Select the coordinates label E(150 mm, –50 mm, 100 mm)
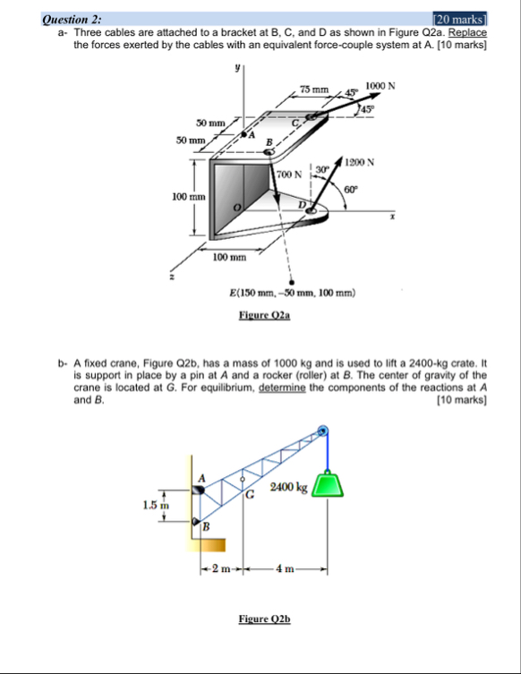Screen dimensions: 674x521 [293, 293]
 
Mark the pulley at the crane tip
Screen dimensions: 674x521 [322, 431]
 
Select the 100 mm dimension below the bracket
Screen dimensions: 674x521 [229, 258]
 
